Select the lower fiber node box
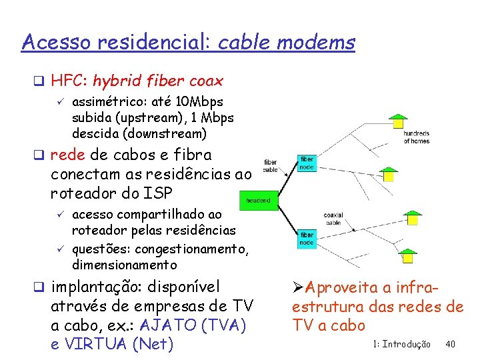coord(307,239)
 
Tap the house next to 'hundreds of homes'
coord(398,121)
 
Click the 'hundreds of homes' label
coord(416,137)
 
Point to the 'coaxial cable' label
coord(333,218)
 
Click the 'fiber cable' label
coord(271,166)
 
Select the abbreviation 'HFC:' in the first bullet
coord(70,81)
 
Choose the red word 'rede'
coord(67,155)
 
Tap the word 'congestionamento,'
coord(193,250)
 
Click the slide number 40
coord(450,344)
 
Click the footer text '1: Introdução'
coord(402,344)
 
